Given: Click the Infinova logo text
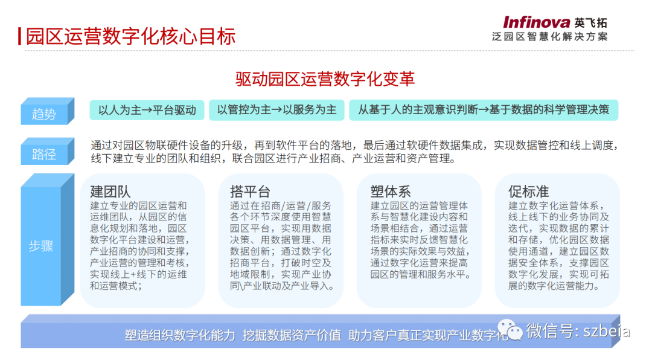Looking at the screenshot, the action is (x=537, y=22).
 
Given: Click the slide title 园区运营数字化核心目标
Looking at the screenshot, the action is (x=131, y=36).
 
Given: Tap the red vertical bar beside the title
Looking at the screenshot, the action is (x=19, y=36).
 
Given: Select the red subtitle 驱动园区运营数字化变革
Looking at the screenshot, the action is (x=325, y=79).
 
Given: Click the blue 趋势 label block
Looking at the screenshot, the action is (x=48, y=111).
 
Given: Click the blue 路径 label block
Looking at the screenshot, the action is (x=48, y=152).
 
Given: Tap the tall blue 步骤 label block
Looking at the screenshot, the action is (x=48, y=240).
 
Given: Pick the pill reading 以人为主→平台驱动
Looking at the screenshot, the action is (x=147, y=110).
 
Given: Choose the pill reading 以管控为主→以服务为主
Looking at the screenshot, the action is (x=276, y=110).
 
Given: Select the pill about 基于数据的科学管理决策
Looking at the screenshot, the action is (x=484, y=110).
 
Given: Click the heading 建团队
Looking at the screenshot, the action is (x=110, y=191).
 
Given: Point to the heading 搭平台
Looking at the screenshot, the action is (x=250, y=191).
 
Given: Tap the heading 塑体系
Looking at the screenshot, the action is (x=391, y=191).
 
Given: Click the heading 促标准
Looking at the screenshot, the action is (x=528, y=191).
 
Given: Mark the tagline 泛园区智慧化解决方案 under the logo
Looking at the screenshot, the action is (x=550, y=37).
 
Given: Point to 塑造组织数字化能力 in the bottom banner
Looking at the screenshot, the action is (x=180, y=335).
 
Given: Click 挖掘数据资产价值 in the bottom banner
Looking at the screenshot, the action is (x=292, y=335).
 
